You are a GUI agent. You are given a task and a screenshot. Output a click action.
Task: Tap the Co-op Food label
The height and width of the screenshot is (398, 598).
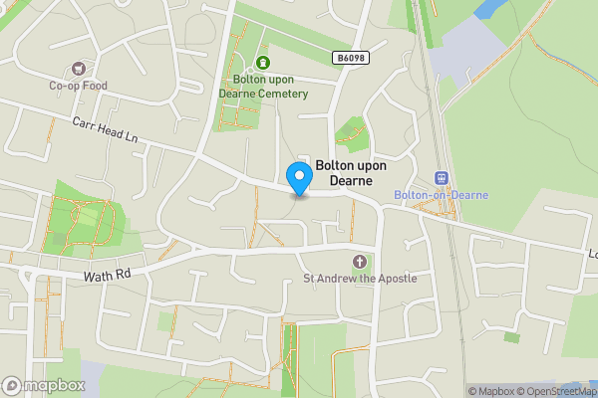(78, 86)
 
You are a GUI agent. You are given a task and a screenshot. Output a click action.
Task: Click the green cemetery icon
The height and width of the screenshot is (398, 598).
(264, 63)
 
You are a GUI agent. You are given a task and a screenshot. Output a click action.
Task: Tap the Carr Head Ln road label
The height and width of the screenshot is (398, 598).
(105, 129)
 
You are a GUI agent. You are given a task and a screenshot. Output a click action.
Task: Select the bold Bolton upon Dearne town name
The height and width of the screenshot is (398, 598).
(358, 173)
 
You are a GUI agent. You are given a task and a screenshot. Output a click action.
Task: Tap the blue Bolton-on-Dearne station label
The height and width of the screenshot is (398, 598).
(442, 195)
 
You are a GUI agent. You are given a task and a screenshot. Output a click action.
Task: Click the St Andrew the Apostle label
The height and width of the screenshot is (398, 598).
(360, 279)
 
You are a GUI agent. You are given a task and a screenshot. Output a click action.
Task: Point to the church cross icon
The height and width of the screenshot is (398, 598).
(360, 262)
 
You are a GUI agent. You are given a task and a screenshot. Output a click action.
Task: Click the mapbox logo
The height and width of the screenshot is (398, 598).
(43, 385)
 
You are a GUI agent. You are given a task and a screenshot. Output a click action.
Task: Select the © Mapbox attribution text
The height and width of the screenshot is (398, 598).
(496, 391)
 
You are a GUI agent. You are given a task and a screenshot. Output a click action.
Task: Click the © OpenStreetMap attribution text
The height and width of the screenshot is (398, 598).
(562, 391)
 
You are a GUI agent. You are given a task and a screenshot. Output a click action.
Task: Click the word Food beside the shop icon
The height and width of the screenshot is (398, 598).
(93, 86)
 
